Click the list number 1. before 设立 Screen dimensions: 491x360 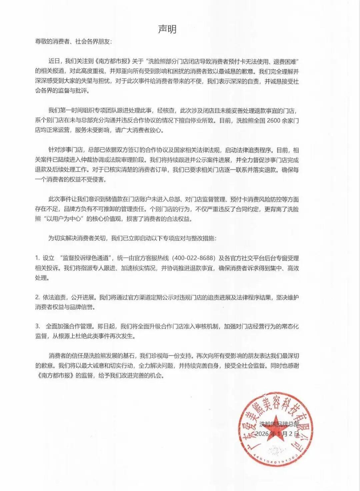(38, 258)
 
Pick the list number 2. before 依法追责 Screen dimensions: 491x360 (38, 297)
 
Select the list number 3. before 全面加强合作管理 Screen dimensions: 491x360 (38, 327)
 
